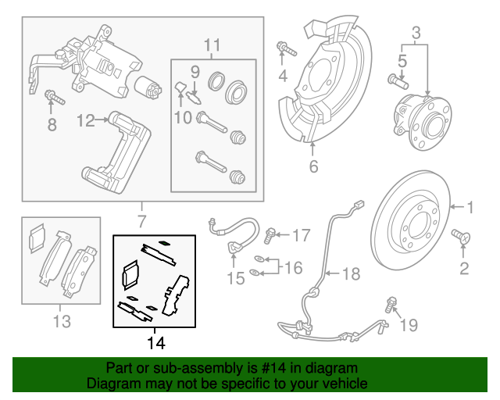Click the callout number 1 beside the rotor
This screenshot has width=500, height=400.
(x=471, y=208)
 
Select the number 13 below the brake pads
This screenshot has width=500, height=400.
(x=62, y=320)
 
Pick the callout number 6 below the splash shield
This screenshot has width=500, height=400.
(x=313, y=166)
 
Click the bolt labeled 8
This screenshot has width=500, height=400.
(x=53, y=98)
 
